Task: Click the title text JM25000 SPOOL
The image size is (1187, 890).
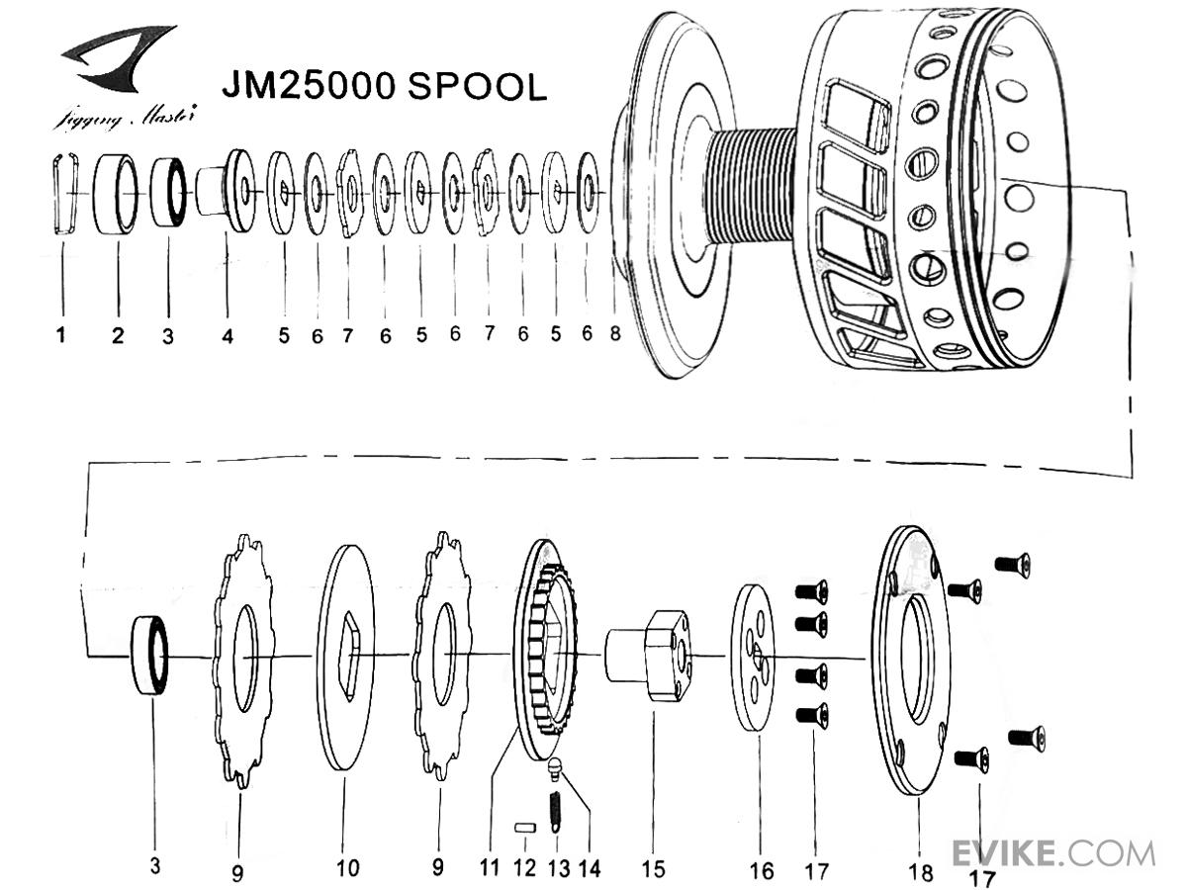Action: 384,86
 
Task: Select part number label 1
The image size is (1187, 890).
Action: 61,335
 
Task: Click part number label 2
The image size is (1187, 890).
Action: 118,336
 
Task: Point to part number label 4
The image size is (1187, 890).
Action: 228,336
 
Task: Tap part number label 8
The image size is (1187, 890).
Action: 614,334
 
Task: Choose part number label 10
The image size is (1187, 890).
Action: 347,869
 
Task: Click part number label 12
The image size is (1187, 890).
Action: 524,868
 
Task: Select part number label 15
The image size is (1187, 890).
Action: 653,869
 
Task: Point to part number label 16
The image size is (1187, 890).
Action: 762,870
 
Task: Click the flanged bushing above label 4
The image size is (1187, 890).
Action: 226,190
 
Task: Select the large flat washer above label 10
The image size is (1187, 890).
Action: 345,653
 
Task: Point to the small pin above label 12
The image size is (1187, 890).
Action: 524,827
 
